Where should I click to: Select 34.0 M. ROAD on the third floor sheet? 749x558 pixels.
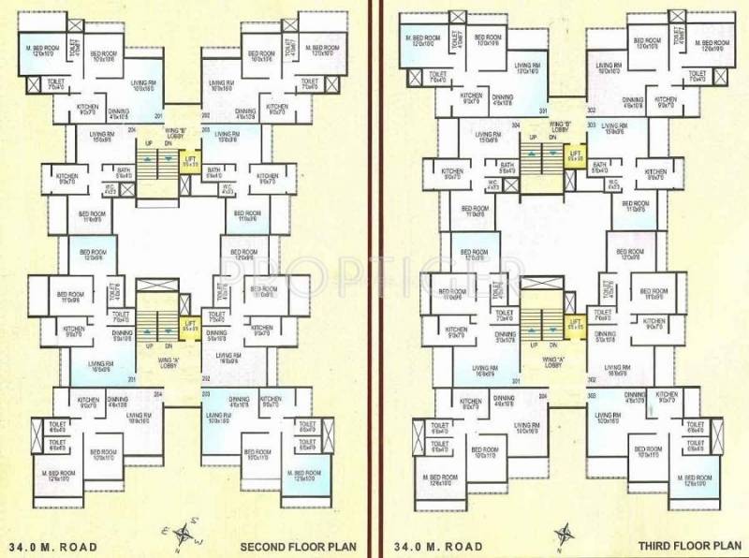438,545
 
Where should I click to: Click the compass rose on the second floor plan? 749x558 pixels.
185,536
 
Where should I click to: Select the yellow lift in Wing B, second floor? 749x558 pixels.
190,160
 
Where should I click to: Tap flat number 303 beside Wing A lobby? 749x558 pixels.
591,397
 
